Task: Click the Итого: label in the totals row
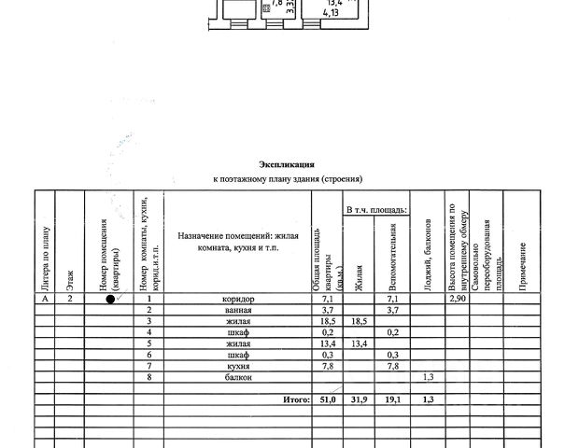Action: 295,399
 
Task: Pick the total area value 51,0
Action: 323,399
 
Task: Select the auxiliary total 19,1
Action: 393,399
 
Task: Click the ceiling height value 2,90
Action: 457,298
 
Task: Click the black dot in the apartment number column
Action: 110,299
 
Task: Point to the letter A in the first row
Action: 44,298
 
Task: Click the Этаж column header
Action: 69,276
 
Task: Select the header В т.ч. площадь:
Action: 376,212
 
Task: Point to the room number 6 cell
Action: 148,354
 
